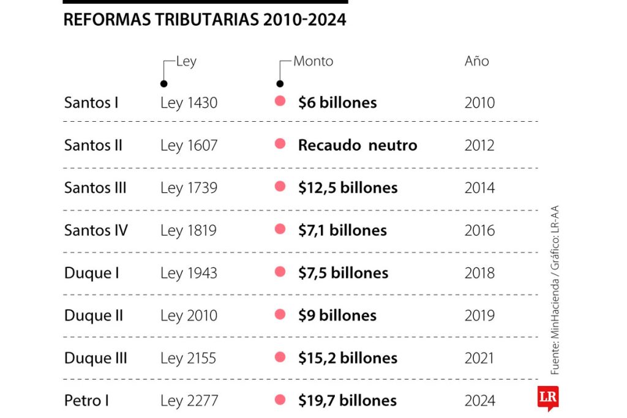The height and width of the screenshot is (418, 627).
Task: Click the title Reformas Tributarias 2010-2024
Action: coord(205,20)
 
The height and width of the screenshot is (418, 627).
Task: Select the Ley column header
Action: coord(186,61)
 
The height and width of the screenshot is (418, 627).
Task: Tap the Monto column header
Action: coord(313,61)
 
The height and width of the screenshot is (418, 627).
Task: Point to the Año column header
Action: coord(477,61)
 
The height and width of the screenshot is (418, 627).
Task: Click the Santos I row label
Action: coord(91,103)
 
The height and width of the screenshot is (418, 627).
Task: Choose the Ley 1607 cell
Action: coord(189,146)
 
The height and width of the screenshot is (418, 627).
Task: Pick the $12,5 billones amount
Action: coord(348,188)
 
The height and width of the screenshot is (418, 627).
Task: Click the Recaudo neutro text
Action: coord(358,146)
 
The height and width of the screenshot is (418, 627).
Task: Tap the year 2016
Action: coord(479,231)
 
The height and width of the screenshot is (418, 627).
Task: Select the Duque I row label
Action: coord(92,273)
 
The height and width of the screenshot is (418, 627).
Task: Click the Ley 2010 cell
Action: coord(189,316)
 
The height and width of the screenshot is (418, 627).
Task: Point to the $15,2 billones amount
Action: coord(348,358)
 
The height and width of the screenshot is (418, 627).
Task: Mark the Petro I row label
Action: coord(86,401)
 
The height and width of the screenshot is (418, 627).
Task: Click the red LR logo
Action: coord(547,398)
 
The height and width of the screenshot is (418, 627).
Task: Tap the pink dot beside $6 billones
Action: coord(280,102)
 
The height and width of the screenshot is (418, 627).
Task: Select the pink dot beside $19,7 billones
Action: coord(280,400)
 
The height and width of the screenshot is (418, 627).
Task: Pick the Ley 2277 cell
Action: coord(189,401)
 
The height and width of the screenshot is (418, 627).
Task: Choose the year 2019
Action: coord(479,316)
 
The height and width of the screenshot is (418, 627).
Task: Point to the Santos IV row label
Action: coord(96,231)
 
